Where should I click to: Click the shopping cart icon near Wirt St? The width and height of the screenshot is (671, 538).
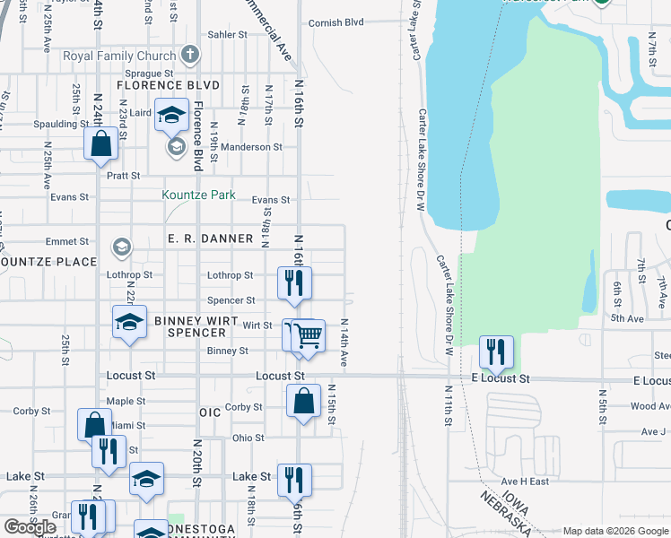point(308,335)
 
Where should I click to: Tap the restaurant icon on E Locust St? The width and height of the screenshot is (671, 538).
point(496,351)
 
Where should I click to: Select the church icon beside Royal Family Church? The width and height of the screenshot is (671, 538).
point(188,56)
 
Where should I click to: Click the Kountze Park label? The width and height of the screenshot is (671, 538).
point(198,195)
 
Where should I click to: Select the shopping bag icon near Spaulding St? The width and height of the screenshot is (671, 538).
point(101,143)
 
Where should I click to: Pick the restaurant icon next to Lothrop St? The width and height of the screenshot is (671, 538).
point(294,282)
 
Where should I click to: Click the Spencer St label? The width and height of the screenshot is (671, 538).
point(231,300)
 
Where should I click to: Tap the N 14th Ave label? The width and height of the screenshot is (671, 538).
point(344,342)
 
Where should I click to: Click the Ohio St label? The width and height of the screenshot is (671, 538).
point(248,438)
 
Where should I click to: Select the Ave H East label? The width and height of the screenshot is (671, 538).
point(525,482)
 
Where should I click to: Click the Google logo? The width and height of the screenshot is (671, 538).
point(30,526)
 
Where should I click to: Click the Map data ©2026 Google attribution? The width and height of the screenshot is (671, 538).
point(614,531)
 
